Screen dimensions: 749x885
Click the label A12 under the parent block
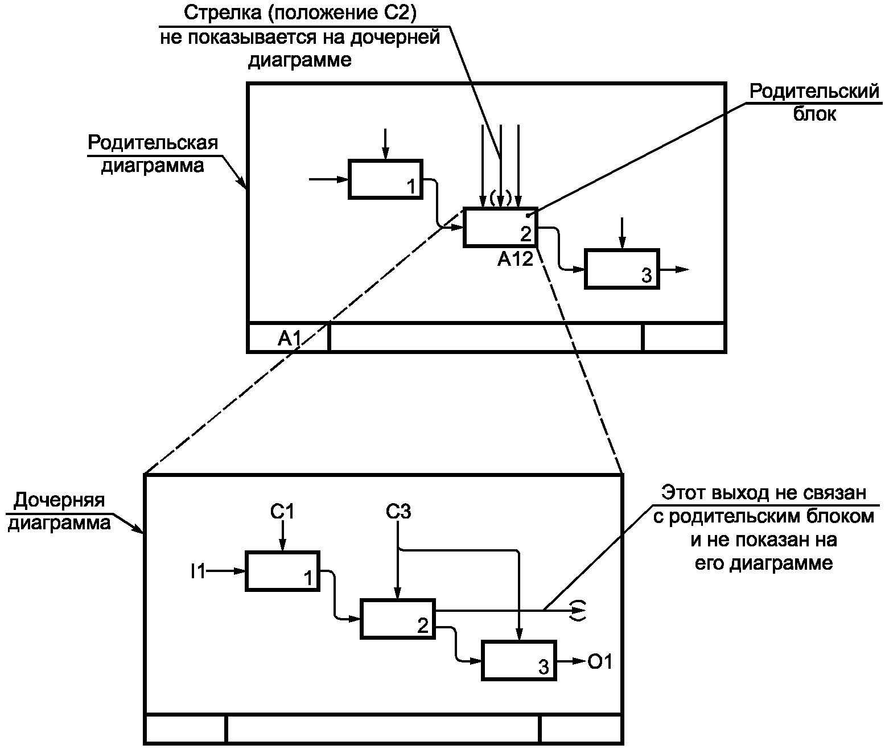(x=515, y=260)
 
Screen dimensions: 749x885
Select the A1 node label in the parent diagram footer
(x=289, y=339)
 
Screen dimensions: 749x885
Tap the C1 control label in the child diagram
(x=282, y=512)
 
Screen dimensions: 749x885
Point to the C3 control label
(x=398, y=512)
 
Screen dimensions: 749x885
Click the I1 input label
(x=197, y=571)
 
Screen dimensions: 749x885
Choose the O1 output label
(x=600, y=662)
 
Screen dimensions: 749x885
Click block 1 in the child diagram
(x=282, y=571)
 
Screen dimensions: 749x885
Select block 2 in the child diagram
(x=397, y=619)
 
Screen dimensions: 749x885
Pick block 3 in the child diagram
(x=519, y=660)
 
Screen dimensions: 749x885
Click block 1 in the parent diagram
(x=385, y=179)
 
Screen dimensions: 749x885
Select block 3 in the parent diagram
(x=622, y=269)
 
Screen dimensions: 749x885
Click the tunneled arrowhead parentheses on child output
(x=579, y=610)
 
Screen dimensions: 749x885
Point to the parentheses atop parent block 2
(x=500, y=199)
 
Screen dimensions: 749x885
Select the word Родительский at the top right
(x=814, y=92)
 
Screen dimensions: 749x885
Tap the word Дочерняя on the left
(x=60, y=500)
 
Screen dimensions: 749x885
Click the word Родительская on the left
(x=153, y=142)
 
